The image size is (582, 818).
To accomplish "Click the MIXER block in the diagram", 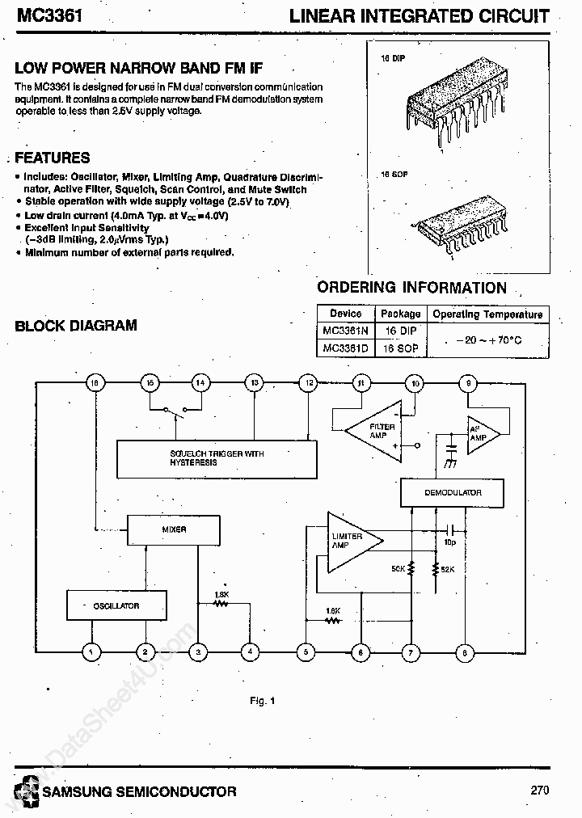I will point(173,529).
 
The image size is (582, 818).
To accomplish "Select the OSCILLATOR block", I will point(116,605).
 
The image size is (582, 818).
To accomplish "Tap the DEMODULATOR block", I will point(453,492).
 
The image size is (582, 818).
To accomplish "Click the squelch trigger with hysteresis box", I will point(217,458).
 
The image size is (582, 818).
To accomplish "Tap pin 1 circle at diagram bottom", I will point(93,651).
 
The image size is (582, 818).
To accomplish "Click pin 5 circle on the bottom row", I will point(306,651).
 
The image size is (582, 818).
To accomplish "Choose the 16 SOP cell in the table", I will point(400,348).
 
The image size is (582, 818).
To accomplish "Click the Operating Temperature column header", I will point(487,314).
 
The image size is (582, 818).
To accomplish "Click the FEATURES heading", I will point(53,158).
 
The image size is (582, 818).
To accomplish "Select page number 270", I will point(541,791).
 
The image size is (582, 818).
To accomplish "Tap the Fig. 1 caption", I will point(263,701).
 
